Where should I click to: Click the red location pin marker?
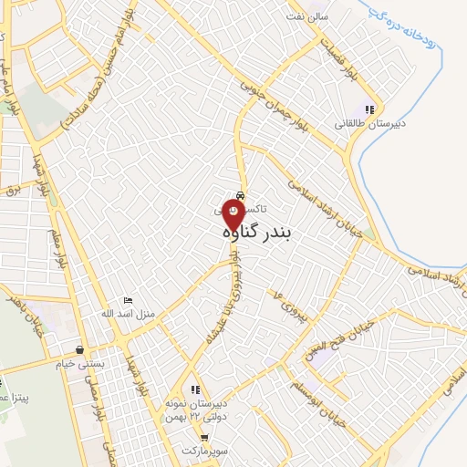click(233, 216)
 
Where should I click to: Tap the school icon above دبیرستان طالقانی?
click(369, 109)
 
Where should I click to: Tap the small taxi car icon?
click(240, 195)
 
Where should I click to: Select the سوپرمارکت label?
click(203, 451)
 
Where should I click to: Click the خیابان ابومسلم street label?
click(351, 393)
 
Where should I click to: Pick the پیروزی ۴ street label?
click(282, 300)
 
